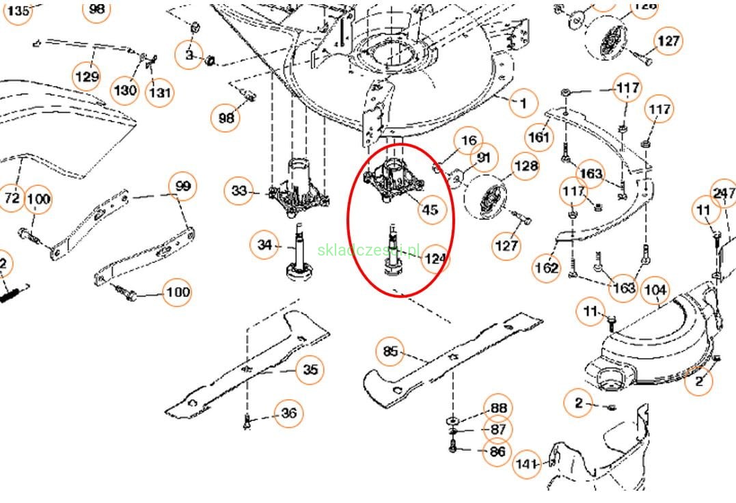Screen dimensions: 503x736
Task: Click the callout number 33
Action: (x=239, y=191)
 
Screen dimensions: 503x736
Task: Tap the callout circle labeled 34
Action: (x=264, y=243)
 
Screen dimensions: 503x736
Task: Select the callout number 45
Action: (x=430, y=209)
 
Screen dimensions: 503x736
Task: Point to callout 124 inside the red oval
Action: (x=435, y=259)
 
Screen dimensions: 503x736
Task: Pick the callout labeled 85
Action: (x=390, y=351)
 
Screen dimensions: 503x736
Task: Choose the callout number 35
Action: (x=310, y=370)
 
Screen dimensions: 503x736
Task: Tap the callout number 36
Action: (x=289, y=413)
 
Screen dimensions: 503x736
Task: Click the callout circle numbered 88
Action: (x=497, y=409)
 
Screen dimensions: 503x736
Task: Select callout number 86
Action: (x=497, y=451)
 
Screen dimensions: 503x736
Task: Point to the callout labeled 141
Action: (x=526, y=464)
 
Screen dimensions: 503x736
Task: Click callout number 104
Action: (x=655, y=290)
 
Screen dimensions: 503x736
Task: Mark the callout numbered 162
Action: (x=547, y=268)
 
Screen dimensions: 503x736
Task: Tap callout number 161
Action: (x=539, y=137)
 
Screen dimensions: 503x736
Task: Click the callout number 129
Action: (x=87, y=77)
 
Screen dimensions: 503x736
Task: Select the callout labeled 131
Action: (x=159, y=92)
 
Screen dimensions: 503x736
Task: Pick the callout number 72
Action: (x=12, y=198)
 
